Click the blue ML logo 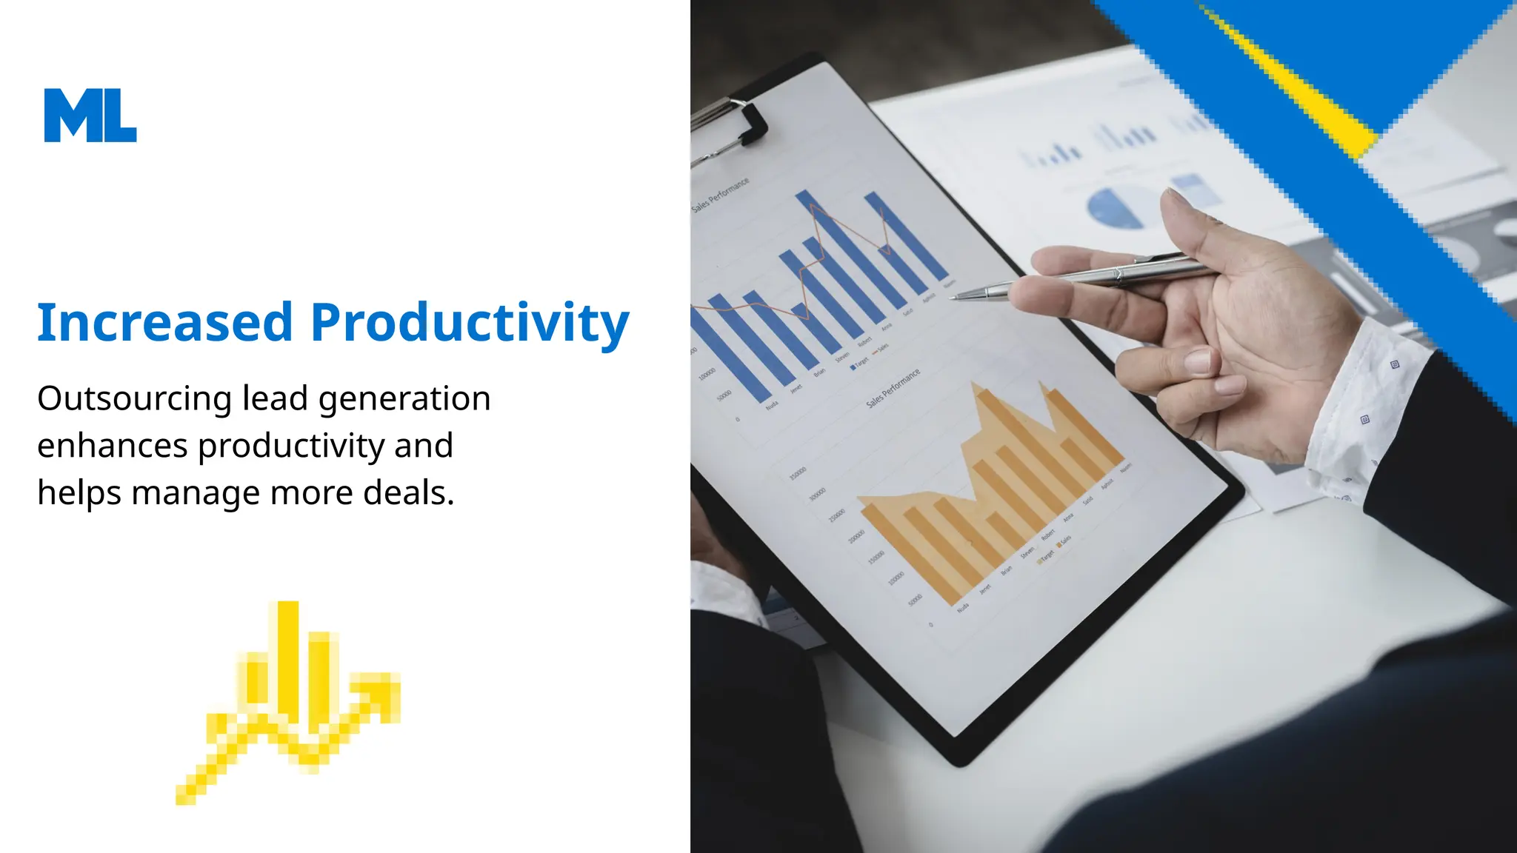pos(90,116)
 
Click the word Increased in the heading pos(165,323)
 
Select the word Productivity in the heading pos(470,323)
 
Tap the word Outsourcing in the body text pos(135,399)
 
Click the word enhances pos(113,446)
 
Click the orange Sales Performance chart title pos(893,387)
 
